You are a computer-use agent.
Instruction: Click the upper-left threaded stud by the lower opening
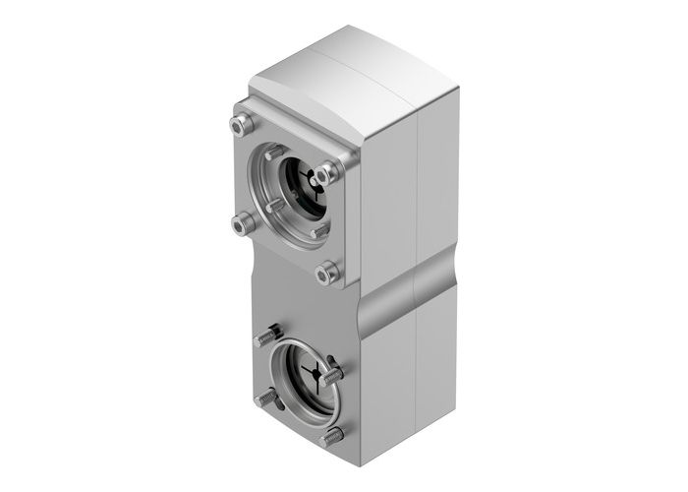click(x=266, y=338)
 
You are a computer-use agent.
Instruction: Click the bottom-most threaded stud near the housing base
click(x=332, y=435)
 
